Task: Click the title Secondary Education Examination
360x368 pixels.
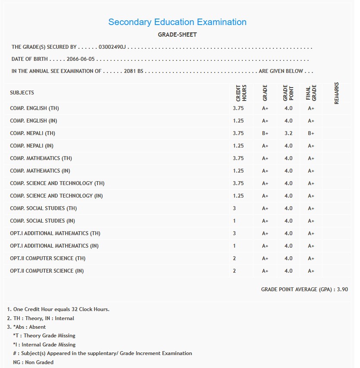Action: tap(177, 22)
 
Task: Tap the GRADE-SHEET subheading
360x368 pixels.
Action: tap(177, 35)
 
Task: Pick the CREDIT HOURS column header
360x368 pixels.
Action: tap(241, 92)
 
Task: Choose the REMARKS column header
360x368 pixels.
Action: tap(337, 93)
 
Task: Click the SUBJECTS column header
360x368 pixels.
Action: tap(22, 93)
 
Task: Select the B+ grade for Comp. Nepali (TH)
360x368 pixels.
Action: tap(265, 133)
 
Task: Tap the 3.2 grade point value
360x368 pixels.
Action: tap(288, 133)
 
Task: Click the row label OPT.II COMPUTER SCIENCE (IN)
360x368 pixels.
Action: tap(47, 271)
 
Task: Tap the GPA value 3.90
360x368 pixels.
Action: tap(342, 289)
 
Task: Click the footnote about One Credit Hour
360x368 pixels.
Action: tap(58, 309)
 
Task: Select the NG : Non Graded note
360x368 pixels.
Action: tap(33, 362)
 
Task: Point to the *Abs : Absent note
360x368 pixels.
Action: tap(29, 327)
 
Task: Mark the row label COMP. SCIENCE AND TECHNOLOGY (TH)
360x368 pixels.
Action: tap(57, 183)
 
